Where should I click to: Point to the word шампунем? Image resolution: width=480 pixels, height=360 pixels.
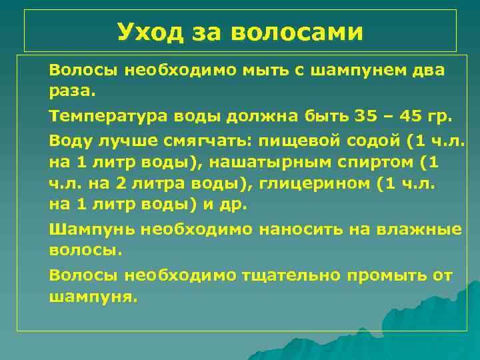(360, 70)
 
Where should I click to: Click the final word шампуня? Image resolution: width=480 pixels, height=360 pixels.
(93, 297)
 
